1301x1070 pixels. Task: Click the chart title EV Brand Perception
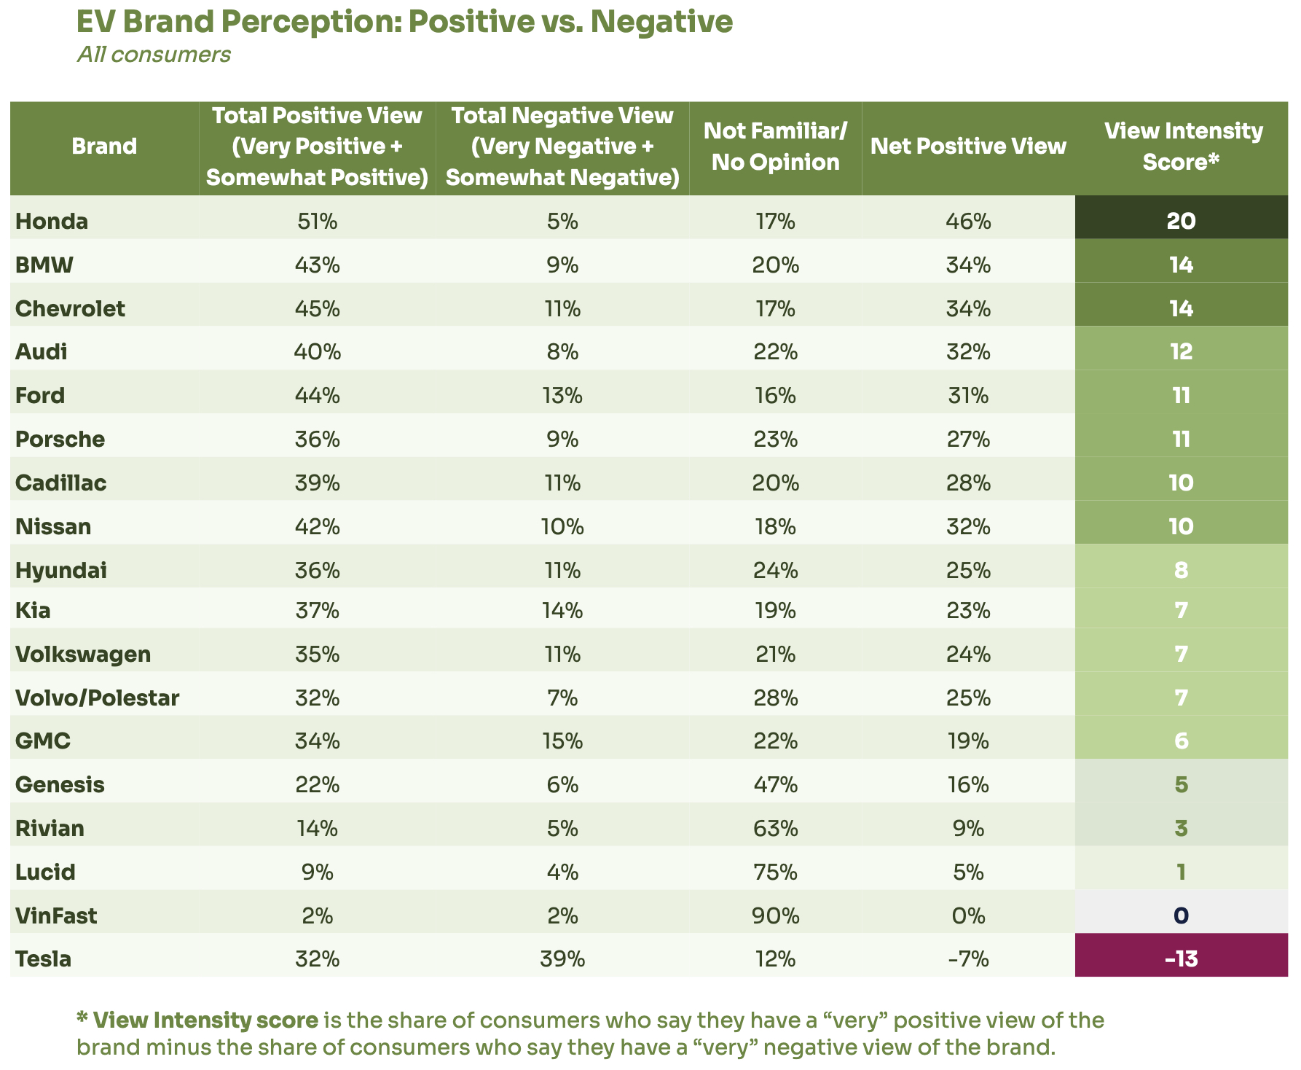tap(404, 22)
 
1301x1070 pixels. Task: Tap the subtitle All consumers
tap(154, 55)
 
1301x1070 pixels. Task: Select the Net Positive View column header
tap(968, 147)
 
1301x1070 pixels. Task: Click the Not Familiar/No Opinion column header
tap(775, 147)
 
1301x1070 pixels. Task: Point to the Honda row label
tap(52, 221)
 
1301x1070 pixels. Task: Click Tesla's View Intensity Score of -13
tap(1181, 958)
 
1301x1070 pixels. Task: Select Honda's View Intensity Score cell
tap(1181, 221)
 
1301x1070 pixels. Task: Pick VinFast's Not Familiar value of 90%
tap(775, 915)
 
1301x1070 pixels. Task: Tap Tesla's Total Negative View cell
tap(562, 958)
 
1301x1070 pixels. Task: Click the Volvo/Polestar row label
tap(97, 698)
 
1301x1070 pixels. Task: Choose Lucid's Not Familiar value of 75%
tap(775, 872)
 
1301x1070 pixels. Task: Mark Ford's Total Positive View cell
tap(317, 396)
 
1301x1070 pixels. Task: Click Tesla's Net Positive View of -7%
tap(968, 958)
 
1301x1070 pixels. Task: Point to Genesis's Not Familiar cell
tap(775, 785)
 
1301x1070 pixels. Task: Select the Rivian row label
tap(50, 829)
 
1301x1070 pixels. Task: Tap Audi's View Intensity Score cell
tap(1181, 352)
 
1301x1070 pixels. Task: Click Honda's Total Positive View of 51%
tap(317, 221)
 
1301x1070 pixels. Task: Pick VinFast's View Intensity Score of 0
tap(1181, 915)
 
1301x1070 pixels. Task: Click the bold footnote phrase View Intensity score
tap(205, 1020)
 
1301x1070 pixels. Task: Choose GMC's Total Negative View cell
tap(562, 741)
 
